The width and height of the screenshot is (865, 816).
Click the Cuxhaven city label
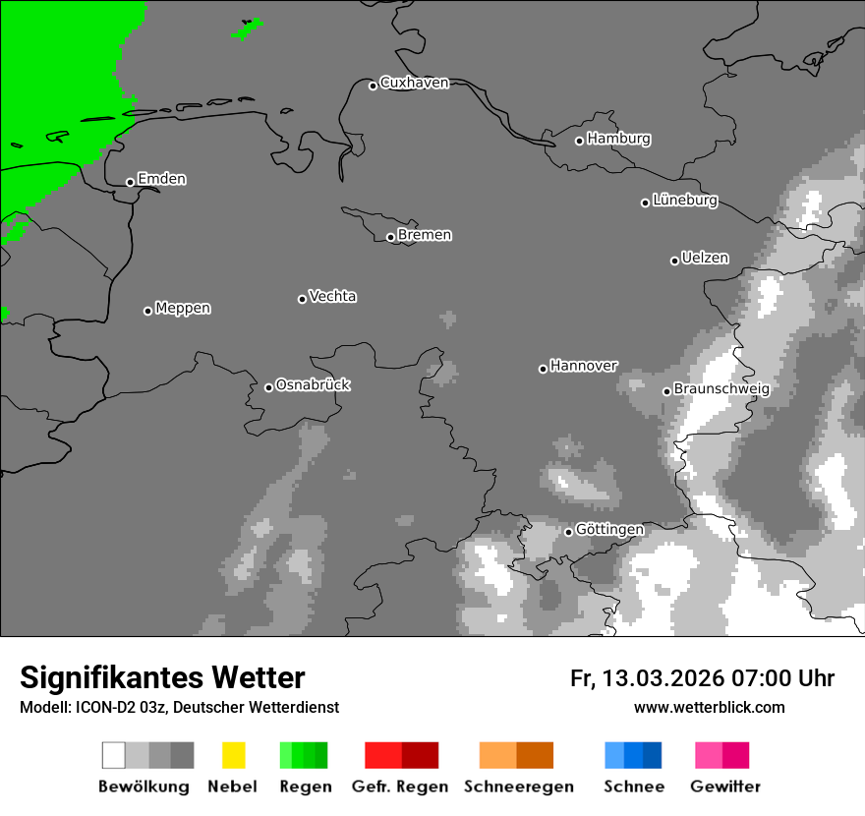click(414, 83)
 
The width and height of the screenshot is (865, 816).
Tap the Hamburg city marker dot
click(580, 141)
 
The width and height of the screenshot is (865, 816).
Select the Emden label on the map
click(161, 179)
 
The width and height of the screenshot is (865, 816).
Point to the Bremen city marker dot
click(390, 237)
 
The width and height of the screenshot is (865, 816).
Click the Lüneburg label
click(685, 201)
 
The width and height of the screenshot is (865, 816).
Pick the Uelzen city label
click(705, 259)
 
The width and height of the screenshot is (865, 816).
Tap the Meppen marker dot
click(147, 311)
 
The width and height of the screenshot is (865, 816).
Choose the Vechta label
click(332, 296)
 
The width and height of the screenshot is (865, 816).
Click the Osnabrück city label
click(313, 385)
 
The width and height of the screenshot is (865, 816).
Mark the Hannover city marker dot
click(543, 369)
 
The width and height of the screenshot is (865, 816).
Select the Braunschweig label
click(721, 389)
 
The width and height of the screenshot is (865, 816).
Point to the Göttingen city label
click(609, 530)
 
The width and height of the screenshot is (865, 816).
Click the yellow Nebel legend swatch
click(233, 755)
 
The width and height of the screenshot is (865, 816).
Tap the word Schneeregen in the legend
click(519, 787)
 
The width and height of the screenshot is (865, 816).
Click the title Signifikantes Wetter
click(162, 678)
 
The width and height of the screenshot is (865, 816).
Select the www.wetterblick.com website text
click(710, 707)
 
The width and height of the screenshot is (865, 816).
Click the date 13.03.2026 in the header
click(663, 678)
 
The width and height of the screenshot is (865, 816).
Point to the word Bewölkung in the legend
click(144, 787)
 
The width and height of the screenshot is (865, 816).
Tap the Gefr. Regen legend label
click(400, 787)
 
